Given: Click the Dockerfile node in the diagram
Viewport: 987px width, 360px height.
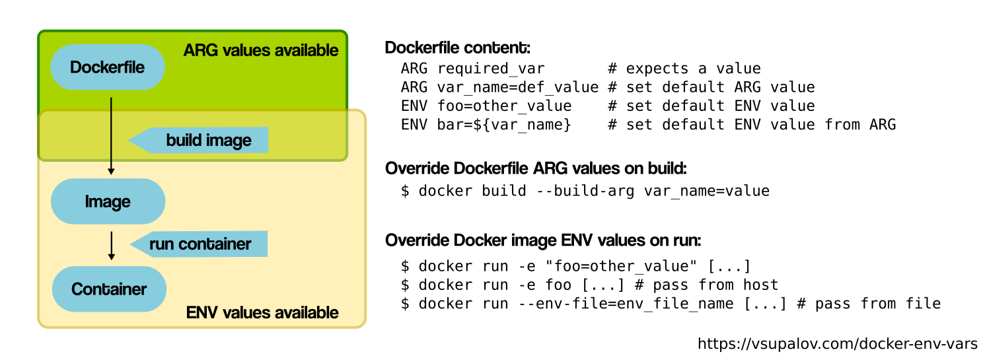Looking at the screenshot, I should [x=107, y=67].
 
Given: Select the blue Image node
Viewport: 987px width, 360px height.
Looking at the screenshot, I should [x=108, y=201].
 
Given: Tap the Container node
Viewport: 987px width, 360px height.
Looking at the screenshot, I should [x=109, y=289].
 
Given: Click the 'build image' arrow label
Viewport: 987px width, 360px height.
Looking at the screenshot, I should [x=208, y=140].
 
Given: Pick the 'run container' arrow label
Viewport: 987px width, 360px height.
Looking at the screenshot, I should [x=200, y=244].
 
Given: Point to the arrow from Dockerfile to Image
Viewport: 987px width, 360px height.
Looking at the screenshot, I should [x=111, y=135].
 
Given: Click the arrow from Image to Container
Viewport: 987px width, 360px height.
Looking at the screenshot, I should [x=111, y=245].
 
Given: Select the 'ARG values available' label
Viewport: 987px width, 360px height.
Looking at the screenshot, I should [x=260, y=50].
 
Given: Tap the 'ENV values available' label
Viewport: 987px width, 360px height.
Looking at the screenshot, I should [x=262, y=312].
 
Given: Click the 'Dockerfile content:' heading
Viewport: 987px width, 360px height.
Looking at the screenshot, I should [x=457, y=48].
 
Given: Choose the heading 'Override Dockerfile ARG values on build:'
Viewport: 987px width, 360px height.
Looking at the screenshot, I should [x=536, y=168].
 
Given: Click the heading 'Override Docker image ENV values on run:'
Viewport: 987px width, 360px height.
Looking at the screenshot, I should [x=542, y=239].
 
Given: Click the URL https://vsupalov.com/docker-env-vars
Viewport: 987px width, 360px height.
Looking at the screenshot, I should [x=838, y=343].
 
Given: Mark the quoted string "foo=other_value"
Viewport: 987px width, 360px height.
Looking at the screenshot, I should [x=635, y=267].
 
